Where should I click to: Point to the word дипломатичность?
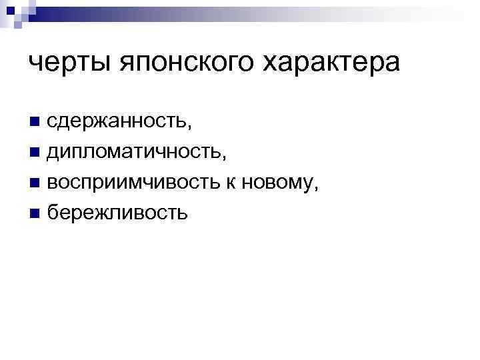click(136, 153)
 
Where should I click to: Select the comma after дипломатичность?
click(225, 158)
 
